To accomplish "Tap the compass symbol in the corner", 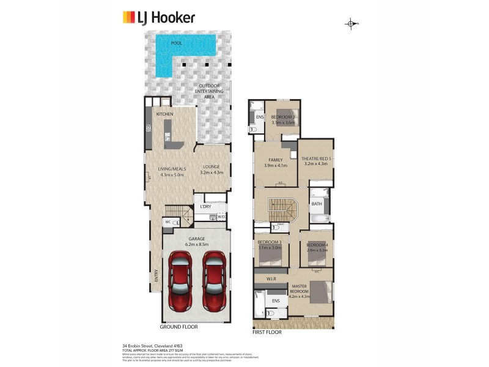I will tap(351, 24).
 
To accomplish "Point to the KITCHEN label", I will tap(165, 114).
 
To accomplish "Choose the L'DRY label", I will tap(205, 206).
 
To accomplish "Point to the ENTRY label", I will tap(156, 276).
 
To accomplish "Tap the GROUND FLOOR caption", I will tap(178, 327).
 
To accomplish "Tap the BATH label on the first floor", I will tap(316, 204).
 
